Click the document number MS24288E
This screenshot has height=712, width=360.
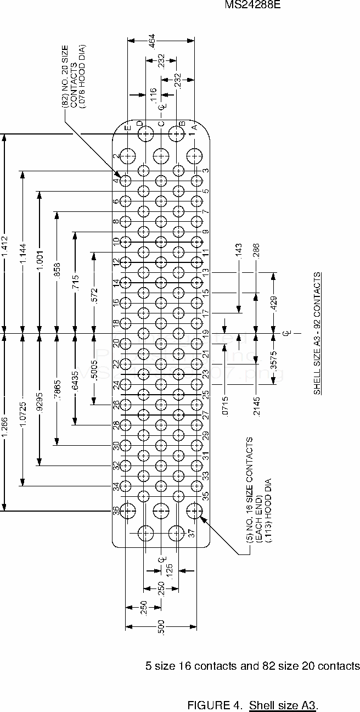[x=250, y=5]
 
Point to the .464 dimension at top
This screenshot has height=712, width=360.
[x=152, y=40]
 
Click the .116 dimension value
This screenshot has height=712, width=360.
[x=153, y=94]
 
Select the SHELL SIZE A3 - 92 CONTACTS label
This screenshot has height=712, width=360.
[x=317, y=333]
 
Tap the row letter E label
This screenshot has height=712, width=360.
[x=127, y=128]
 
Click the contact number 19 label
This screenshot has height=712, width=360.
[x=205, y=333]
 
